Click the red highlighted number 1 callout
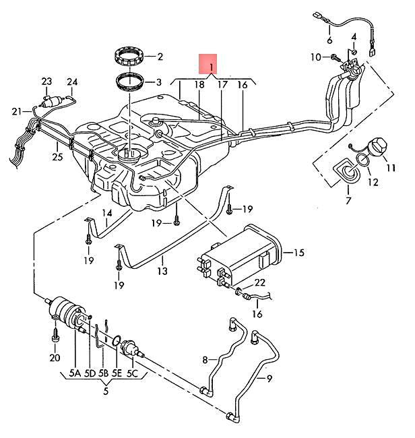coord(207,64)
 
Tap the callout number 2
coord(160,57)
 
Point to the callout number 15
coord(298,253)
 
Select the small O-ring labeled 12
coord(363,160)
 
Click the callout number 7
coord(348,200)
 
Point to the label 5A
coord(75,373)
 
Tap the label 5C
coord(132,373)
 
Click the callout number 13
coord(162,271)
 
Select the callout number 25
coord(57,157)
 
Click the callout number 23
coord(46,82)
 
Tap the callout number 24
coord(72,82)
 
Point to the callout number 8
coord(205,360)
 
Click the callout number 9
coord(269,379)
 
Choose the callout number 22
coord(260,283)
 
